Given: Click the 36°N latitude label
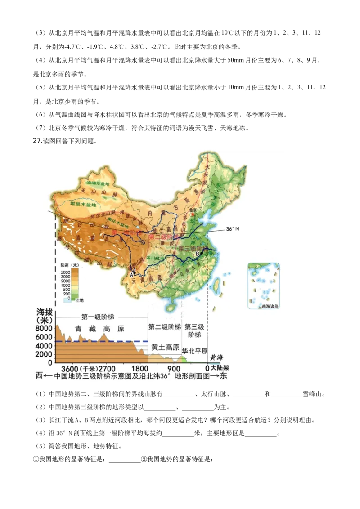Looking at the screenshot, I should pos(232,229).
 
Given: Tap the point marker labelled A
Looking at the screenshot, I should pos(134,272).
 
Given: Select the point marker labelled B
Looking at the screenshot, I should pos(201,253).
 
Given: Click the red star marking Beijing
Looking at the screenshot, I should pos(194,214).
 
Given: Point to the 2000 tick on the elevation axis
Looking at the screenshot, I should pos(45,354).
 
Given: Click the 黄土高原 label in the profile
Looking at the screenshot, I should pos(165,347).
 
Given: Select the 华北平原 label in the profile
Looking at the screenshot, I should pos(194,351).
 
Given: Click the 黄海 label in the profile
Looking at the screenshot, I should pos(217,358).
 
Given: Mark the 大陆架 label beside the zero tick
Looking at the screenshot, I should pos(220,368).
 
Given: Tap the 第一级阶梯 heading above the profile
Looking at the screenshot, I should pos(96,316).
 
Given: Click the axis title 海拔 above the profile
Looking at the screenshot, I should pos(45,312).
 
